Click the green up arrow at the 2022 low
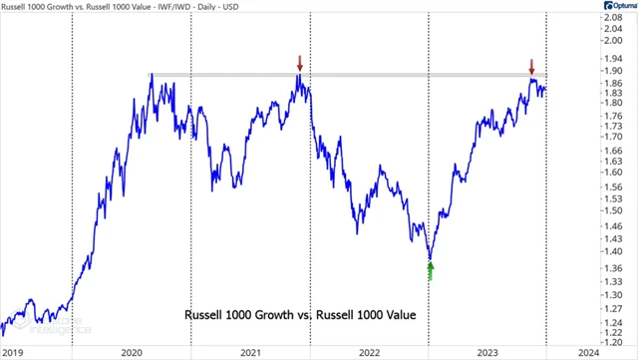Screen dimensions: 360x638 coord(430,270)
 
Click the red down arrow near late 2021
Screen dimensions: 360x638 coord(299,63)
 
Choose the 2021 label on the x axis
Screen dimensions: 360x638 coord(250,352)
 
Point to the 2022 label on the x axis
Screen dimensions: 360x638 coord(370,352)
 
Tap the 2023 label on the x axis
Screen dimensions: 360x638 coord(488,352)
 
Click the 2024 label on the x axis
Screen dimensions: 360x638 coord(589,352)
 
